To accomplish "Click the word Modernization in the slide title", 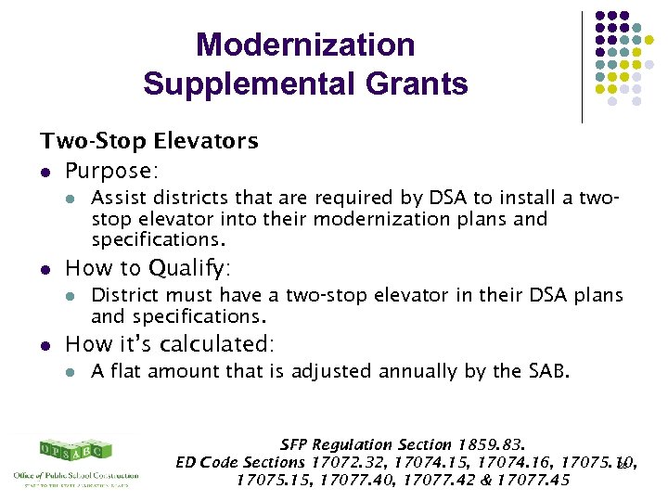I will click(305, 45).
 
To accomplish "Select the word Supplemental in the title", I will click(244, 84).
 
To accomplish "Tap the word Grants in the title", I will click(412, 84).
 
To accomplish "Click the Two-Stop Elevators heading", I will click(148, 141).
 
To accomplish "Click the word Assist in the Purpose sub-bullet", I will click(116, 198).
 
